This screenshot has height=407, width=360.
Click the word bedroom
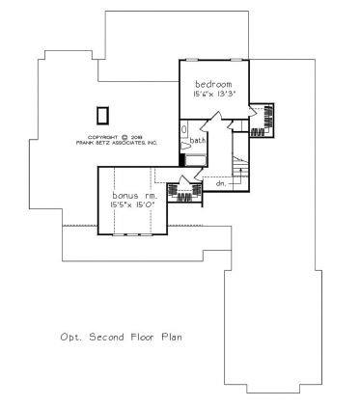coord(212,84)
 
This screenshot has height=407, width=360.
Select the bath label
coord(198,140)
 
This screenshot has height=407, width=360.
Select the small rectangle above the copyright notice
coord(102,114)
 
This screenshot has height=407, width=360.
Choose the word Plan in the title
coord(170,338)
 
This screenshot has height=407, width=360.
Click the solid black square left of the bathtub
coord(182,159)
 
